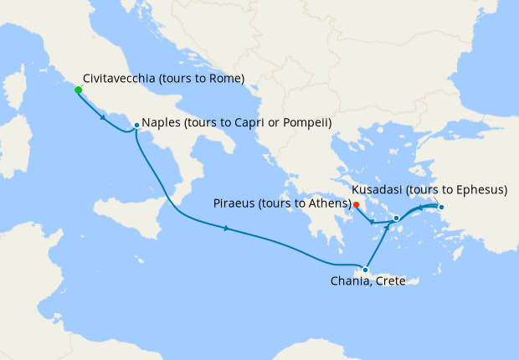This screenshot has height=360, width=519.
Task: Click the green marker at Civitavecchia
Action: click(78, 90)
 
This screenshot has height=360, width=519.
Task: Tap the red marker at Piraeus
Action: click(356, 204)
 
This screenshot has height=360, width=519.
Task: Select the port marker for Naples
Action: click(136, 126)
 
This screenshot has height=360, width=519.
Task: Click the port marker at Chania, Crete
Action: click(365, 270)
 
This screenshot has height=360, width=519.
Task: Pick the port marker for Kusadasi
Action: click(441, 208)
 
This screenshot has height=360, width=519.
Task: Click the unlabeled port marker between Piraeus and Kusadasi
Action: click(396, 218)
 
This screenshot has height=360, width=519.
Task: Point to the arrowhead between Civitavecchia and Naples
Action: click(102, 117)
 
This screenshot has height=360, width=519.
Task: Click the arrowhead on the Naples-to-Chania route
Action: click(227, 229)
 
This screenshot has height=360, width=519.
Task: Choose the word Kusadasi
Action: click(379, 190)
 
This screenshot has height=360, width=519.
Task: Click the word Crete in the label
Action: click(401, 281)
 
